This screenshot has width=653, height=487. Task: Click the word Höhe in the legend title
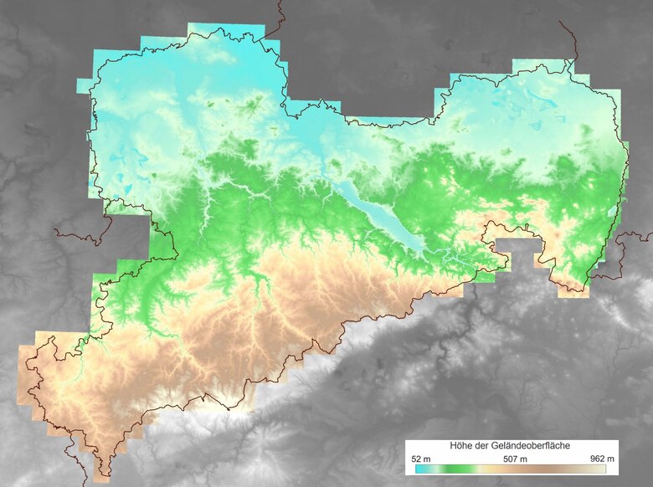[462, 446]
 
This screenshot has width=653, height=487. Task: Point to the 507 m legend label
[511, 459]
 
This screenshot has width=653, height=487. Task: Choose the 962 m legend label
[602, 459]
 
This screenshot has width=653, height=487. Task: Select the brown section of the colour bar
[553, 469]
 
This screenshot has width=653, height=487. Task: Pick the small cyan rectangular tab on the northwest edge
[83, 85]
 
